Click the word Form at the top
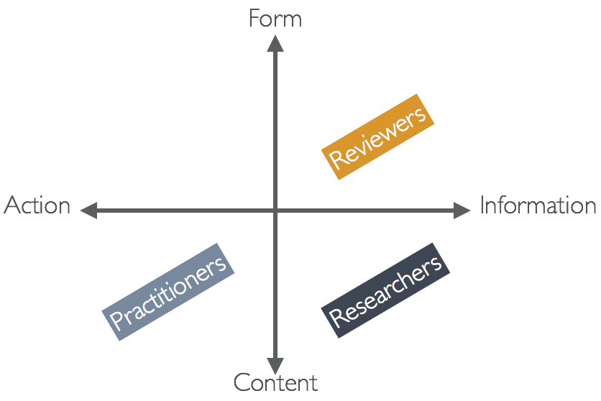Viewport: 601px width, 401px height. tap(275, 18)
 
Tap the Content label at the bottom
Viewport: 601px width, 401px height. tap(275, 382)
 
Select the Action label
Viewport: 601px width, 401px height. tap(37, 206)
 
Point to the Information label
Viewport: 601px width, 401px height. tap(538, 206)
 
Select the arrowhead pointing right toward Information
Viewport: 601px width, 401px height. tap(464, 211)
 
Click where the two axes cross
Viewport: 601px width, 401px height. tap(275, 211)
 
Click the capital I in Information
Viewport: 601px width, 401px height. tap(483, 206)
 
